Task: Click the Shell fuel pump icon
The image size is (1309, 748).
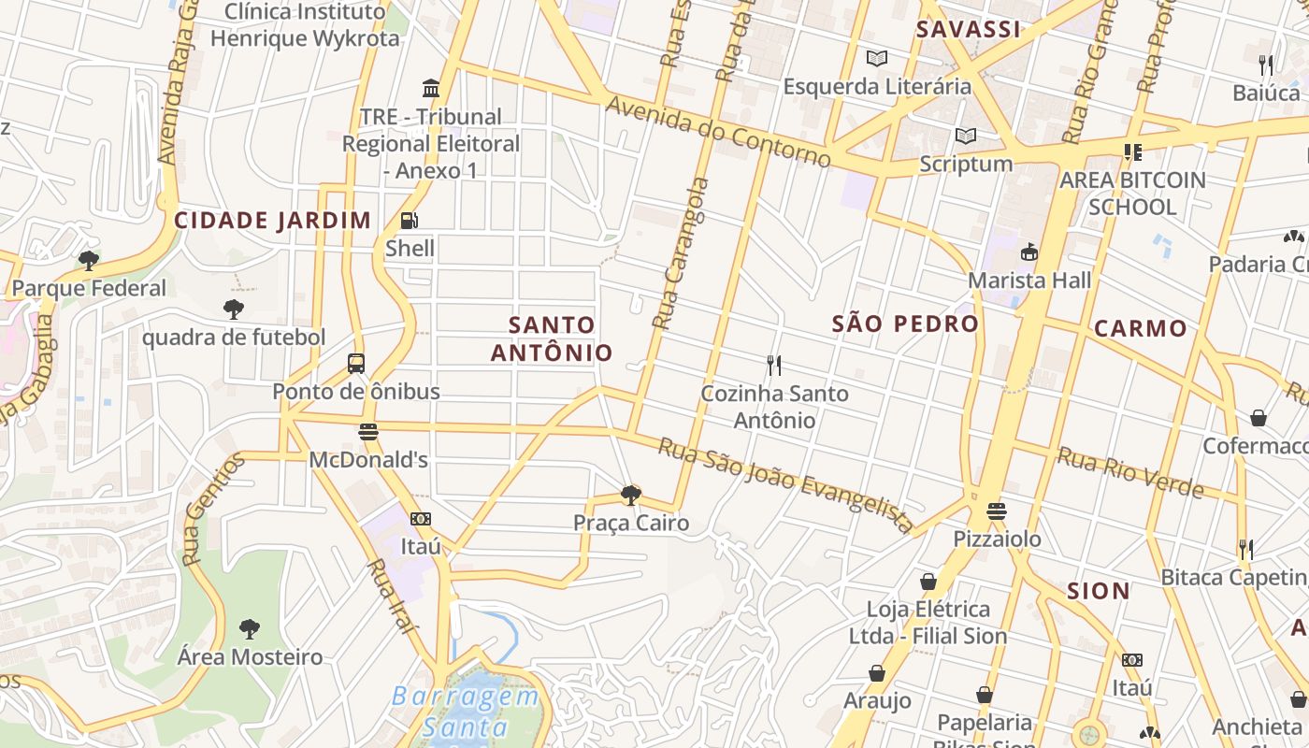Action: [410, 222]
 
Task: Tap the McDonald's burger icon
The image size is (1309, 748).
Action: [368, 432]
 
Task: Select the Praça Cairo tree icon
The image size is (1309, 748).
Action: [631, 495]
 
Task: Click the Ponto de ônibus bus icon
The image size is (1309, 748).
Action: [356, 364]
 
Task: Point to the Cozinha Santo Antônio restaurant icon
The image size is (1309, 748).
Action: [774, 365]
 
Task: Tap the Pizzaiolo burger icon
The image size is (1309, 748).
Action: [997, 511]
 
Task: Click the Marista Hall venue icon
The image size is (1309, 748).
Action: [1029, 252]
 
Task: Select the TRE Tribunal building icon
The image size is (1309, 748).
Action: [431, 88]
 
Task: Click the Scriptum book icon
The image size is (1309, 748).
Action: [966, 137]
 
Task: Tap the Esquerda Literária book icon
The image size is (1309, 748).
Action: [877, 59]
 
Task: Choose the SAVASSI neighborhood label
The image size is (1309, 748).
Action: [968, 29]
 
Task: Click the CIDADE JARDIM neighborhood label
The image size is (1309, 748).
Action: [273, 221]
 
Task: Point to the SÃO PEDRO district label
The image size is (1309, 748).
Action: [905, 324]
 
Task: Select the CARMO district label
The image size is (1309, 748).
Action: [1140, 328]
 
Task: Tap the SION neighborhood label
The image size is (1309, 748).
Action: [1099, 591]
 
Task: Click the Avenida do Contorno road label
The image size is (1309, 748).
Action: [717, 131]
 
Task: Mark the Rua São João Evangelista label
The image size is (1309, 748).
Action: [785, 484]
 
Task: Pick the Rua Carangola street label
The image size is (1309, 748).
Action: [680, 254]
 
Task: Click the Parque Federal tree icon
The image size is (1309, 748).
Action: [89, 260]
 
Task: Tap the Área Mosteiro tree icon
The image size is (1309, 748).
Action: [250, 629]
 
